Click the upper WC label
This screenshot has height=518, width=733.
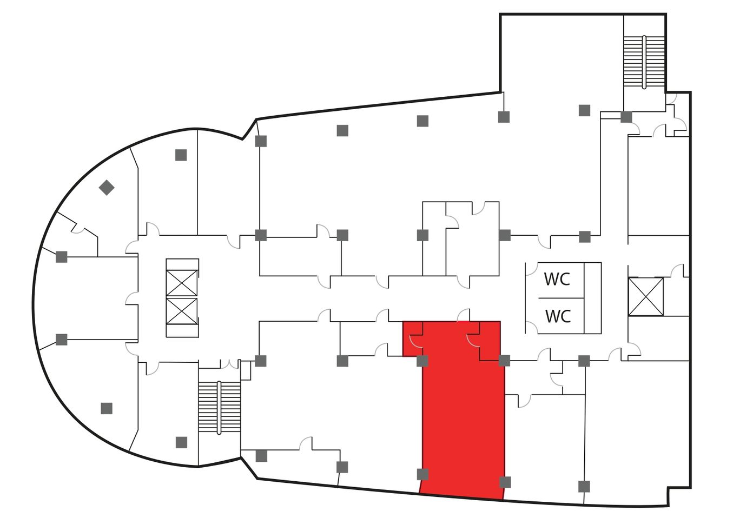[x=557, y=279]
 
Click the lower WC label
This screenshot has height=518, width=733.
[x=558, y=316]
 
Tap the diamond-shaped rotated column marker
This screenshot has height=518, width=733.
[x=107, y=188]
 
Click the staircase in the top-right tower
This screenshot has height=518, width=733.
[x=644, y=62]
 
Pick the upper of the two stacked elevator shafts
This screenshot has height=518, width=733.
[x=182, y=283]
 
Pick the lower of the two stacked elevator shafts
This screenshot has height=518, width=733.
[x=182, y=311]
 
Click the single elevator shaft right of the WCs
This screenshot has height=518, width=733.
[x=645, y=297]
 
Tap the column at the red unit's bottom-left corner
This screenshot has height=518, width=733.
[x=422, y=474]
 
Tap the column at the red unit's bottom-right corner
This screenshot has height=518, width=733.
[x=505, y=482]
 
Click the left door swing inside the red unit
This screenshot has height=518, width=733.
[x=416, y=341]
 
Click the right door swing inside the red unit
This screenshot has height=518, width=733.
[x=473, y=341]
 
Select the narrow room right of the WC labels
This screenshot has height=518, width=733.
[x=592, y=298]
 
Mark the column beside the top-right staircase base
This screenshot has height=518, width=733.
[x=626, y=117]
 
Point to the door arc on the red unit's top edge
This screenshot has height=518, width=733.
[x=463, y=315]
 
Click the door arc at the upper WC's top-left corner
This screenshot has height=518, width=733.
[x=532, y=269]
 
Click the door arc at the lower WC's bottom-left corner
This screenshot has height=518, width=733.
[x=532, y=327]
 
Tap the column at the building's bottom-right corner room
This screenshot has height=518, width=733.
[x=584, y=486]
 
